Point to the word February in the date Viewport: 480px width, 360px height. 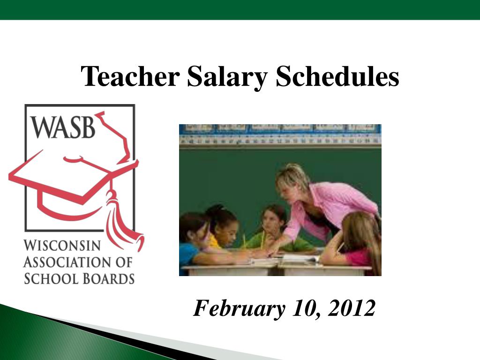(x=239, y=308)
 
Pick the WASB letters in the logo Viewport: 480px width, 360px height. (x=63, y=127)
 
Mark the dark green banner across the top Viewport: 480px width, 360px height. (x=240, y=9)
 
